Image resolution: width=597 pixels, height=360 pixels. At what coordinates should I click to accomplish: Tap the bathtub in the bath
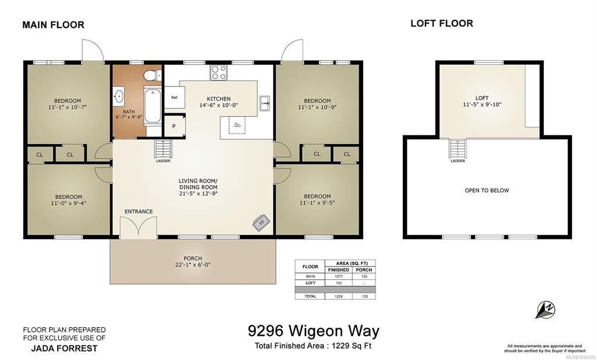point(152,105)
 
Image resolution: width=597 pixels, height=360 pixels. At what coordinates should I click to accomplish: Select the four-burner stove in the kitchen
point(219,72)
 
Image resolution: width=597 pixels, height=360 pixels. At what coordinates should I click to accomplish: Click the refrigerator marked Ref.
point(175,97)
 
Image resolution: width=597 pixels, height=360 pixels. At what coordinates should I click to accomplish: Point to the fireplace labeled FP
point(262,222)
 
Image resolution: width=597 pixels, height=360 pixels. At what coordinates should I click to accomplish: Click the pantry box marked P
point(174,125)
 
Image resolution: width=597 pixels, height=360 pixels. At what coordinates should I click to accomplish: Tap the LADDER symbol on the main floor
point(163,149)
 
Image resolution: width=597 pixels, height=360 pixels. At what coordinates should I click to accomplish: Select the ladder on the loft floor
point(457,149)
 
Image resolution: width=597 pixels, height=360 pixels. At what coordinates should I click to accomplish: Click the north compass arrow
point(545,309)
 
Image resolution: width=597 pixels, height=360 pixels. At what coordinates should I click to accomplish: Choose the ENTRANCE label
point(139,211)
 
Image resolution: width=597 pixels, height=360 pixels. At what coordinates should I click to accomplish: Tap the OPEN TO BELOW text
point(487,190)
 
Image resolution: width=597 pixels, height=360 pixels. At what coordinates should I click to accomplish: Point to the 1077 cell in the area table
point(339,276)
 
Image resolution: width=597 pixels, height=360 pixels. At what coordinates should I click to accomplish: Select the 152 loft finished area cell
point(339,283)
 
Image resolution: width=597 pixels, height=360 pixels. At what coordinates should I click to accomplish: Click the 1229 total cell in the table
point(339,296)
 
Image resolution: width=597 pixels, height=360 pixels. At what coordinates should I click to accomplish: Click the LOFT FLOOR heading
point(442,23)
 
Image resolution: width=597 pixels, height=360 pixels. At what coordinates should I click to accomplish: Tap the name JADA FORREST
point(64,348)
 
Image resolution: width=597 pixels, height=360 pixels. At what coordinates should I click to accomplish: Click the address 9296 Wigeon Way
point(313,331)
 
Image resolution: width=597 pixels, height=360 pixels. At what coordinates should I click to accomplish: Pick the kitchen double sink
point(265,103)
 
